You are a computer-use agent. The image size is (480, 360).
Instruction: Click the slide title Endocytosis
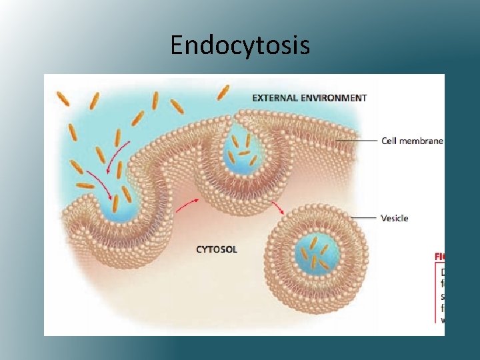point(240,45)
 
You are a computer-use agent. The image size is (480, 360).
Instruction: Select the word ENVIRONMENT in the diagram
point(333,97)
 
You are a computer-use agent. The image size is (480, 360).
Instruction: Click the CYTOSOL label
point(216,249)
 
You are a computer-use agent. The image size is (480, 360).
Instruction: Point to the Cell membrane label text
point(412,141)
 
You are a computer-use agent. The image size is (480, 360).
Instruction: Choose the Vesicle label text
point(394,218)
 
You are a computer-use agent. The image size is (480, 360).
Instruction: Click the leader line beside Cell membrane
point(357,141)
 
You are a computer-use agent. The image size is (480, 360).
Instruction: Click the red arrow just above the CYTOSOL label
point(187,204)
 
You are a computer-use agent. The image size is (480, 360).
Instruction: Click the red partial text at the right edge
point(439,255)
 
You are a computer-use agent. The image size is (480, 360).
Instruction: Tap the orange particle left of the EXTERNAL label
point(223,92)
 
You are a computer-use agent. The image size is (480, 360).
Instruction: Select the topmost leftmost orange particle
point(63,99)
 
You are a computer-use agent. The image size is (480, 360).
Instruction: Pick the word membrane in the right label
point(422,141)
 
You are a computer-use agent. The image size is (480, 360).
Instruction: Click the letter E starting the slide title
point(176,45)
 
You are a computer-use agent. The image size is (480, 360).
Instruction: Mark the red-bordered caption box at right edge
point(441,294)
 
